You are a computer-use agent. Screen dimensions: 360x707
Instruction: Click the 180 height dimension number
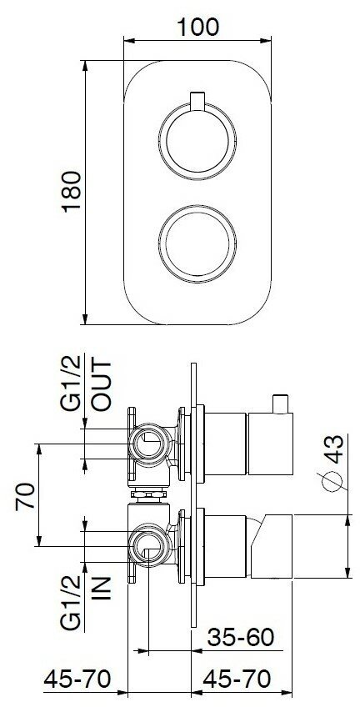(x=72, y=191)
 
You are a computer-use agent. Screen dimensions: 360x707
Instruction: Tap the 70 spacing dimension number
(x=26, y=496)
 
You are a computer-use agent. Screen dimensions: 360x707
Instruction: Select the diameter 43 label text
(x=335, y=449)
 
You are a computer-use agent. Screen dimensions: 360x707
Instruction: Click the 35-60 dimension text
(x=241, y=637)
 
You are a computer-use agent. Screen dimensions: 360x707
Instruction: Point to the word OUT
(x=101, y=384)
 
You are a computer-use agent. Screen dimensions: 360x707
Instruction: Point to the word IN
(x=101, y=588)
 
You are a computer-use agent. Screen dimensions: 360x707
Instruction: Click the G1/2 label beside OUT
(x=71, y=383)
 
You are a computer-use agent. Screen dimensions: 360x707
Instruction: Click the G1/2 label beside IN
(x=71, y=602)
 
